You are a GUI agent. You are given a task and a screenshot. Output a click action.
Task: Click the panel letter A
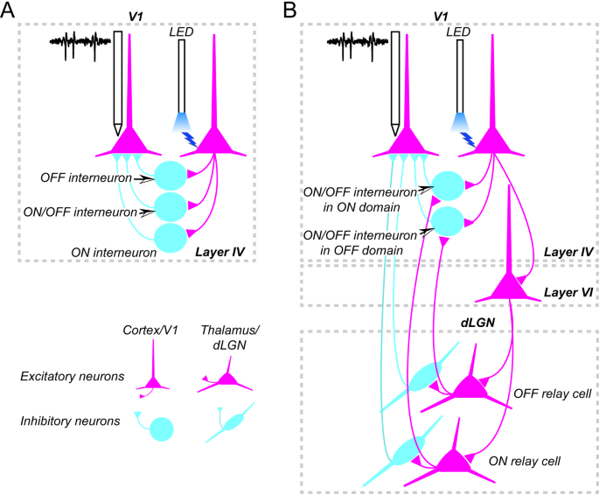click(x=10, y=10)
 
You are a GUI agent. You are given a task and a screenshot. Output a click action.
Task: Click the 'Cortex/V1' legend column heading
click(x=148, y=330)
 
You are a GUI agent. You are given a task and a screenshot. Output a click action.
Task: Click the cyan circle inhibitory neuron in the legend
click(x=161, y=429)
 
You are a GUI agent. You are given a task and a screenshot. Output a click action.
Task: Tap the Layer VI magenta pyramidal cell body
click(x=509, y=286)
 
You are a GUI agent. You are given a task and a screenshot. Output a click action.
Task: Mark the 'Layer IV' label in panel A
click(x=219, y=252)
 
